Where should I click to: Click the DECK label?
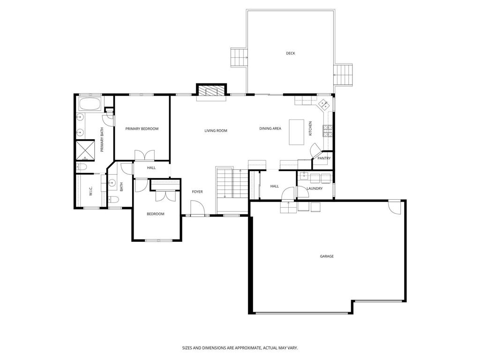pyautogui.click(x=291, y=53)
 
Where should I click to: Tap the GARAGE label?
pyautogui.click(x=327, y=256)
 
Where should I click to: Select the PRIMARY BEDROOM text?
pyautogui.click(x=142, y=129)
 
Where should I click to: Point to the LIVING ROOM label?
pyautogui.click(x=216, y=131)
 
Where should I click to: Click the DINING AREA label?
pyautogui.click(x=270, y=128)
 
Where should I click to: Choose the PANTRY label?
pyautogui.click(x=324, y=158)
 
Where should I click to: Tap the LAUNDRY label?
pyautogui.click(x=315, y=188)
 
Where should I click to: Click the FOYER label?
pyautogui.click(x=197, y=192)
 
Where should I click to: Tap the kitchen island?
pyautogui.click(x=297, y=132)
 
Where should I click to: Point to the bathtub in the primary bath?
pyautogui.click(x=90, y=104)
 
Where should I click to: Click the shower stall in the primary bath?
pyautogui.click(x=85, y=150)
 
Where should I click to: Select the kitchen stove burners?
pyautogui.click(x=328, y=131)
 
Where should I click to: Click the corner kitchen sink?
pyautogui.click(x=324, y=105)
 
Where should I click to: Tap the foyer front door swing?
pyautogui.click(x=197, y=208)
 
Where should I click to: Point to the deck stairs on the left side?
pyautogui.click(x=239, y=57)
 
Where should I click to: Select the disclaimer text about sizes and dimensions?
pyautogui.click(x=240, y=348)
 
